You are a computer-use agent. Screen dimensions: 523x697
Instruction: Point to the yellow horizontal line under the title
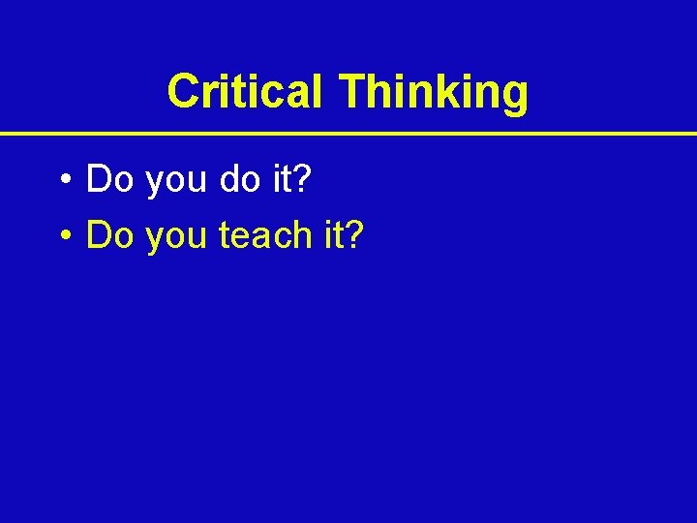(x=348, y=133)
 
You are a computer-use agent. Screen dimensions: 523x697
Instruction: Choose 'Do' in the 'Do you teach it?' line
(x=110, y=234)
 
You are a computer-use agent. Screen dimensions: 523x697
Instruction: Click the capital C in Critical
(x=183, y=92)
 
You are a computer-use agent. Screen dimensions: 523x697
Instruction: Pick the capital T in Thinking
(x=351, y=92)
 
